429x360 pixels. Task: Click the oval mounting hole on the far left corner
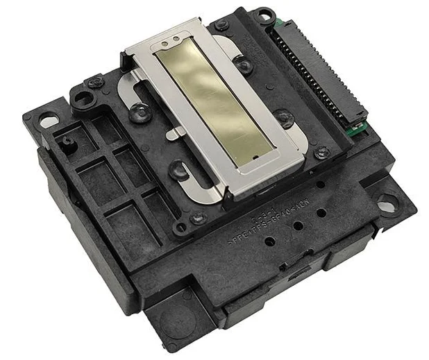click(x=49, y=121)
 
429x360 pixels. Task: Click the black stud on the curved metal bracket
click(x=140, y=111)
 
